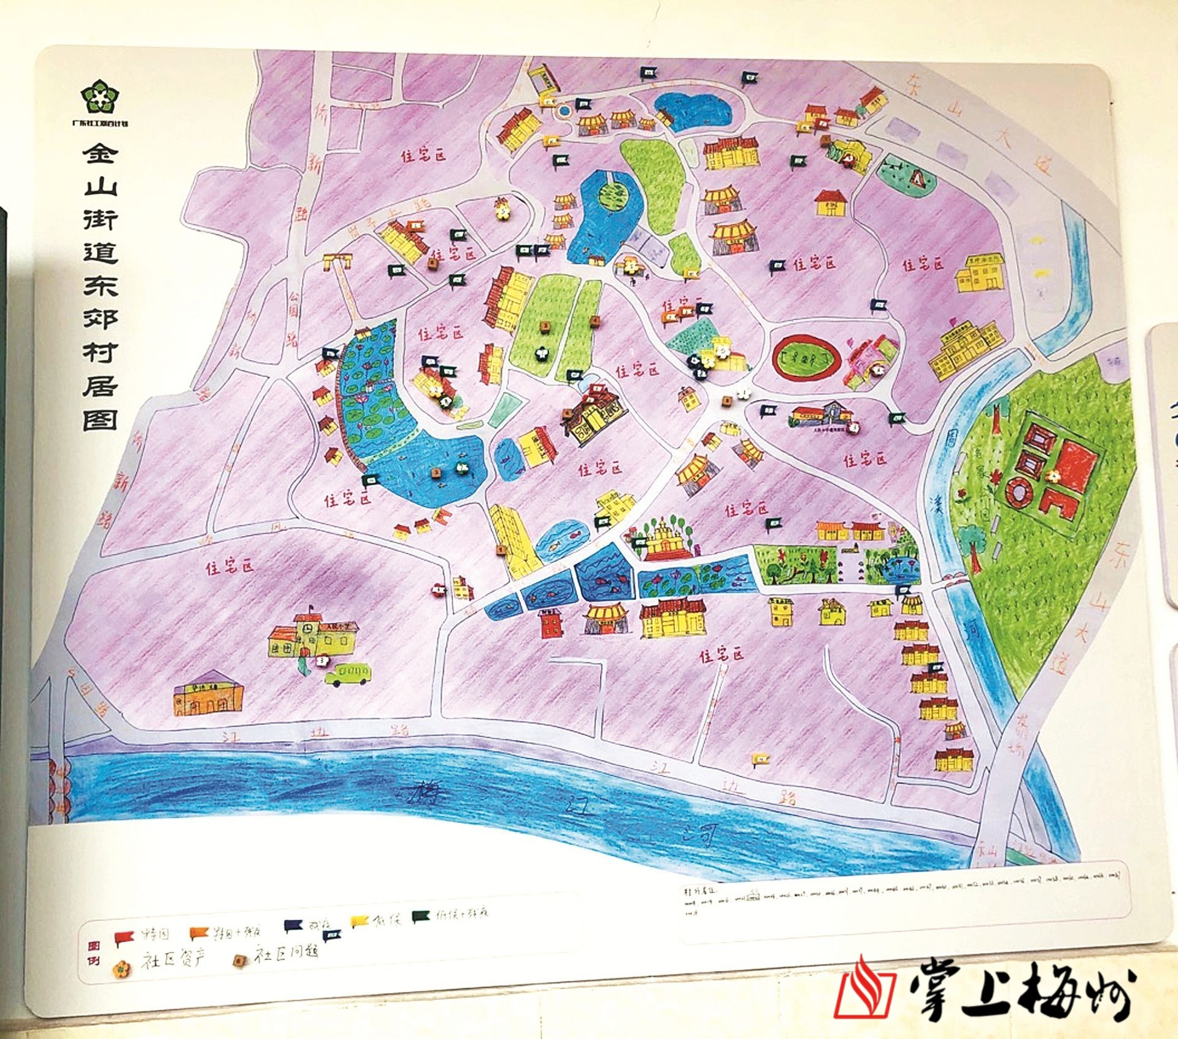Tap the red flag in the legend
(124, 937)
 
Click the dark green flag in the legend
(422, 915)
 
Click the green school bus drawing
(348, 675)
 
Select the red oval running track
(803, 358)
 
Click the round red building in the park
(1016, 492)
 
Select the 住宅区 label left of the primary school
(229, 567)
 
